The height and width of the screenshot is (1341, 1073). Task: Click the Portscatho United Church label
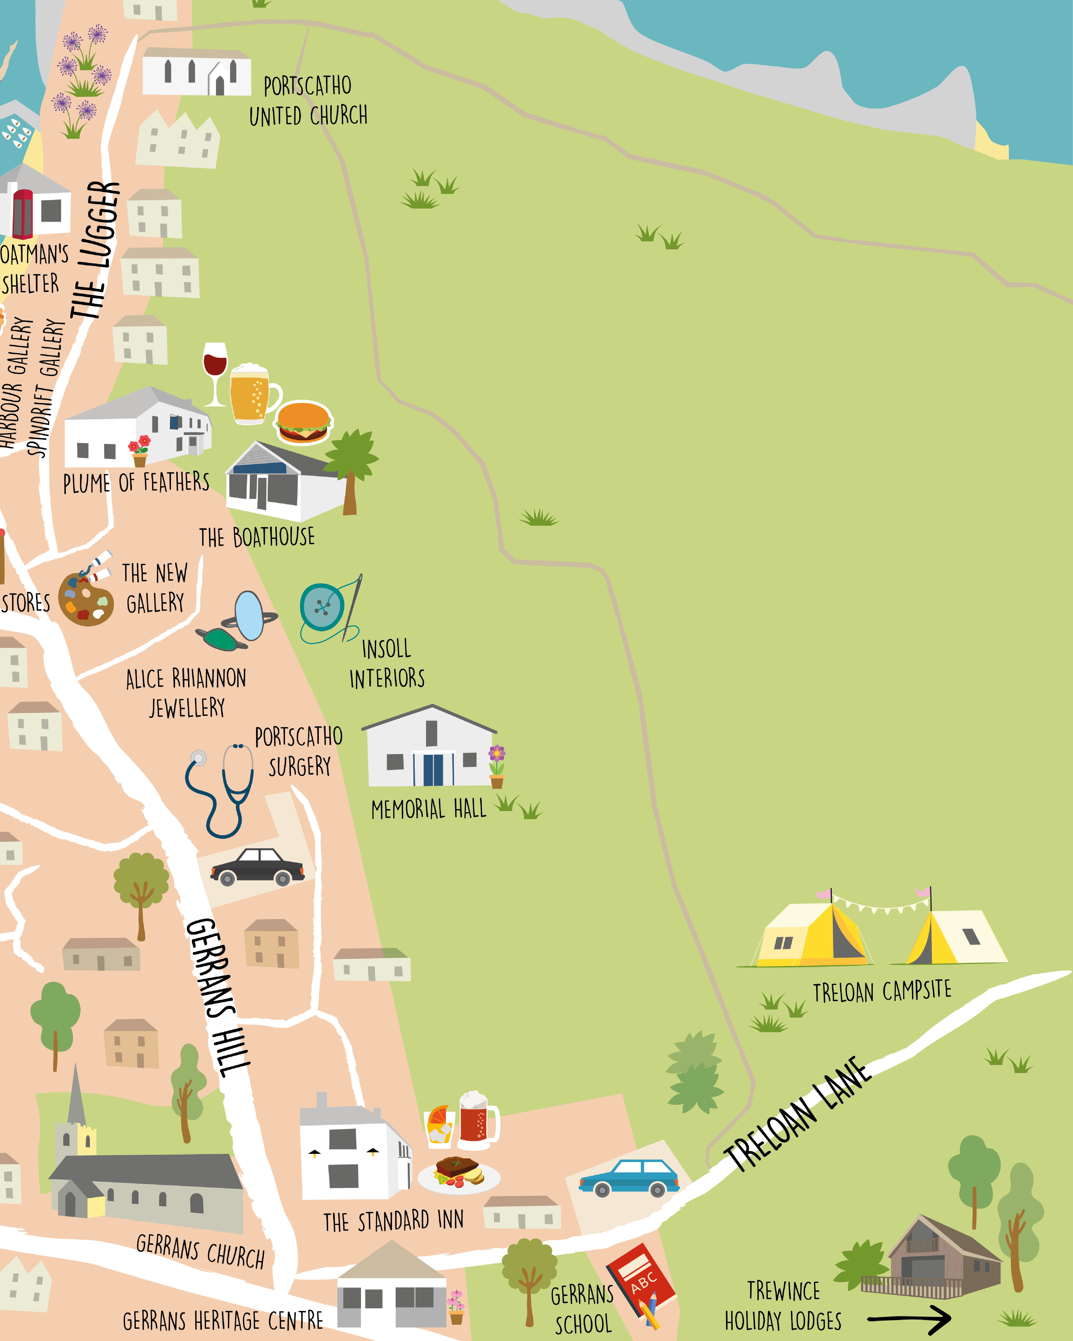click(308, 101)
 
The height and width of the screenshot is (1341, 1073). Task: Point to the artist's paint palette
click(86, 598)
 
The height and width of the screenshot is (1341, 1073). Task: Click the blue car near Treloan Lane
click(629, 1177)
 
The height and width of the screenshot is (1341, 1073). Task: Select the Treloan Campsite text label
click(882, 991)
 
